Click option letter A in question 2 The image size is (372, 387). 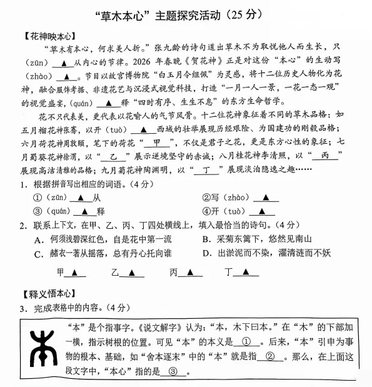(x=39, y=239)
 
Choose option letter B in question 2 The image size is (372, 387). (x=206, y=239)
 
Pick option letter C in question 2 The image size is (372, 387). (x=39, y=253)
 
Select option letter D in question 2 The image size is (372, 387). (x=207, y=253)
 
